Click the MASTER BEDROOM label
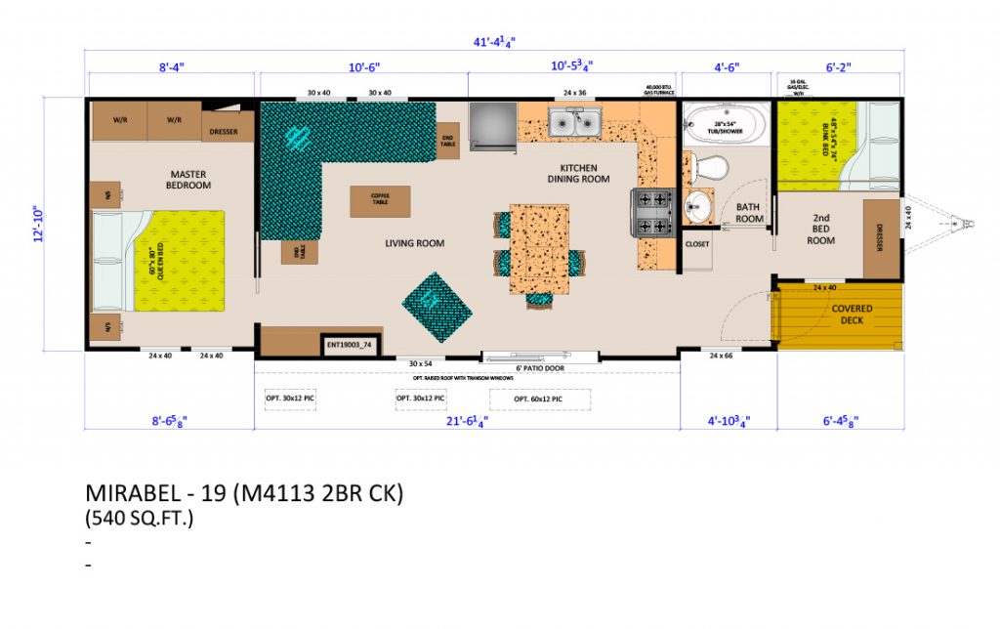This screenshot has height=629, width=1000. tap(187, 180)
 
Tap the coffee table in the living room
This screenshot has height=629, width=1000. tap(380, 201)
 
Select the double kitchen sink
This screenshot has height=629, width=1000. tap(574, 122)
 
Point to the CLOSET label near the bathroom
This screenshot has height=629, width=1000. tap(697, 243)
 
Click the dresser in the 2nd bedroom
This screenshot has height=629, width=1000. tap(881, 239)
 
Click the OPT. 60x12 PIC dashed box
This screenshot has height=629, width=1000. tap(537, 399)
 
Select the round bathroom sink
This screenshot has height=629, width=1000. tap(697, 205)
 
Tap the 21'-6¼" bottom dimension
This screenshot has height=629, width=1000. tap(467, 423)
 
